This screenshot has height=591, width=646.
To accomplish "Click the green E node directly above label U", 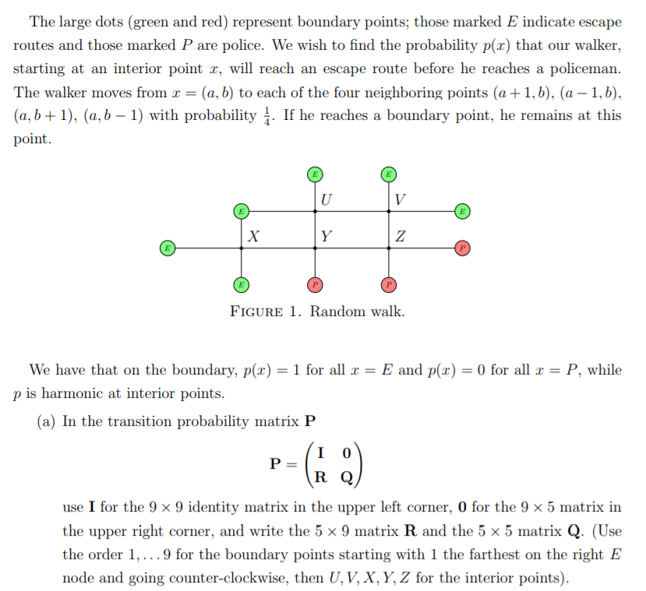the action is (x=315, y=173).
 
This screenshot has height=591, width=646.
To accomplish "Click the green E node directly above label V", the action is (x=389, y=173).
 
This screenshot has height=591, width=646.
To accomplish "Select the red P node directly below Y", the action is (x=315, y=285).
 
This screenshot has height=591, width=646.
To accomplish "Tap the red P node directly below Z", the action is (x=389, y=285).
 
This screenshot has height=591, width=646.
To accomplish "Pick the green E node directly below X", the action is (x=241, y=285).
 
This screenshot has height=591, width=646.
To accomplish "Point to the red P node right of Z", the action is (x=462, y=248).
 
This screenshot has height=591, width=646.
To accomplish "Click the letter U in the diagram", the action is (x=325, y=199).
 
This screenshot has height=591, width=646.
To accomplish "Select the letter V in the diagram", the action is (x=399, y=199).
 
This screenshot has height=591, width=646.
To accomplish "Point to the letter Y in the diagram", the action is (x=326, y=236).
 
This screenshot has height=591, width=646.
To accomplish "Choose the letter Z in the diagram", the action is (x=400, y=236).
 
